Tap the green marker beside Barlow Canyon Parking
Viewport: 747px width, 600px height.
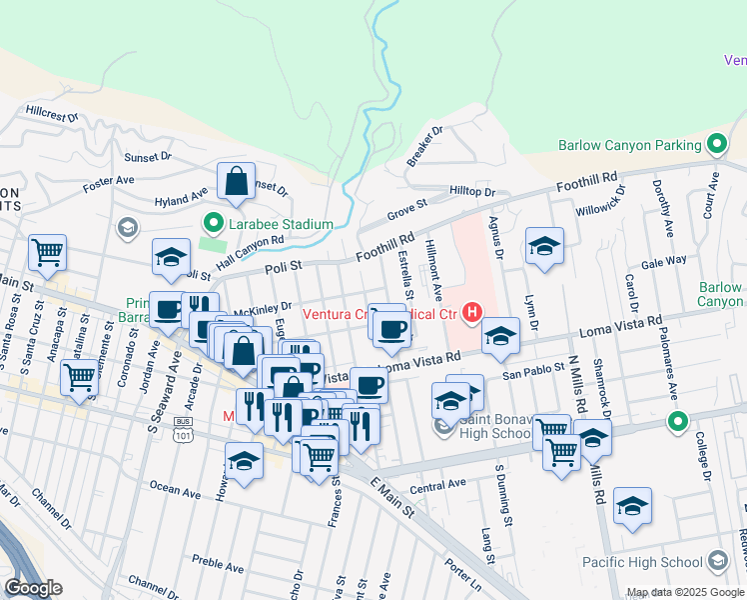pos(716,145)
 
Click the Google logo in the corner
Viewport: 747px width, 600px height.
pos(34,587)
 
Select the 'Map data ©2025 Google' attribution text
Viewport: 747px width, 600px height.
pos(685,592)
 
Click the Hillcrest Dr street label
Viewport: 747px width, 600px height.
pos(53,116)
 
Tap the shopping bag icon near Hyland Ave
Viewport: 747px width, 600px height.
pos(236,182)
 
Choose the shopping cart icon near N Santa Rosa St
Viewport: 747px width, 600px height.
pos(47,253)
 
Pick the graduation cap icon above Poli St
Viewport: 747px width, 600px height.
pos(171,256)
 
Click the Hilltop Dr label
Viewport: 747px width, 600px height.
pos(472,191)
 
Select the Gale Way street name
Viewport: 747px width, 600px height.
pos(664,260)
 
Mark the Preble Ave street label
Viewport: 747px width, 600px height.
pos(219,566)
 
